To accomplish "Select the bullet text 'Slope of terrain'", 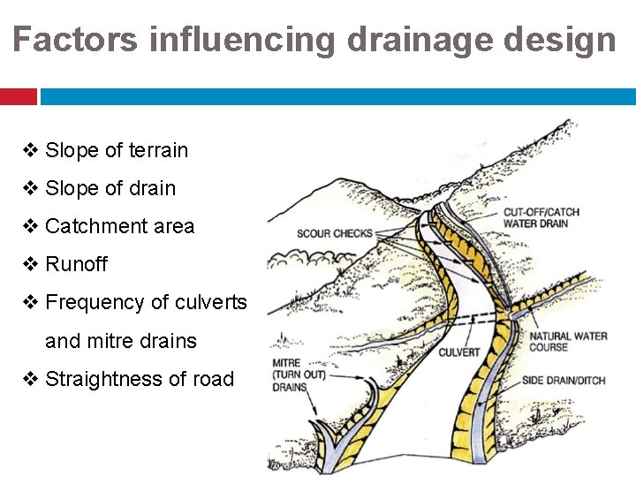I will [117, 150].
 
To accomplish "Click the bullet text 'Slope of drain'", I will [110, 188].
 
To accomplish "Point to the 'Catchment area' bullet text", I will [119, 226].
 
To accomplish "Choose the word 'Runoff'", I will [76, 264].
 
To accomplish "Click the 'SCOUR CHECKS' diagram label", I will [335, 233].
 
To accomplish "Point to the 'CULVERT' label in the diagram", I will [459, 352].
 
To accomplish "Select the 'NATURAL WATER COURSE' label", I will [568, 342].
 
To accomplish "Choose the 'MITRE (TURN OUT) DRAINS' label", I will [293, 375].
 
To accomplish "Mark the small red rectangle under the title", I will [18, 96].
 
